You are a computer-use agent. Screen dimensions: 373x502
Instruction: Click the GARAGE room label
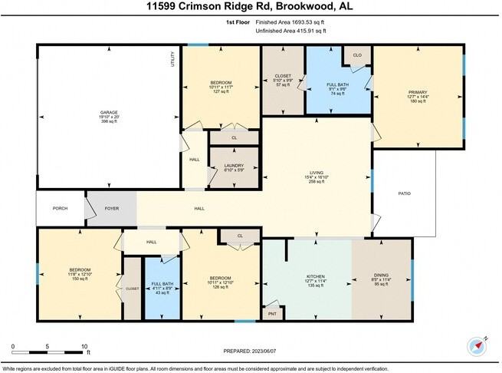click(108, 113)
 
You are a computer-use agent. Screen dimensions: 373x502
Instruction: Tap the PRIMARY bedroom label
click(418, 91)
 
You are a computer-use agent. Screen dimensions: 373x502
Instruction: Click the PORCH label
click(60, 208)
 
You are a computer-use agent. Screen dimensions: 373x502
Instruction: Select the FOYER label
click(112, 208)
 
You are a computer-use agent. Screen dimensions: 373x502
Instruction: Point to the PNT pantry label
click(271, 314)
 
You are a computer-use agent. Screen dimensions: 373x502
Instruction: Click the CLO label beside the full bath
click(357, 56)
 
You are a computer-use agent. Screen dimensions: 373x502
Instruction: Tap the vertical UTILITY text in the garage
click(173, 59)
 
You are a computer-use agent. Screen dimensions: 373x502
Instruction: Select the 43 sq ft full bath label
click(162, 293)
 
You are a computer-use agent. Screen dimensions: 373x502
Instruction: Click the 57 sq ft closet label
click(283, 84)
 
